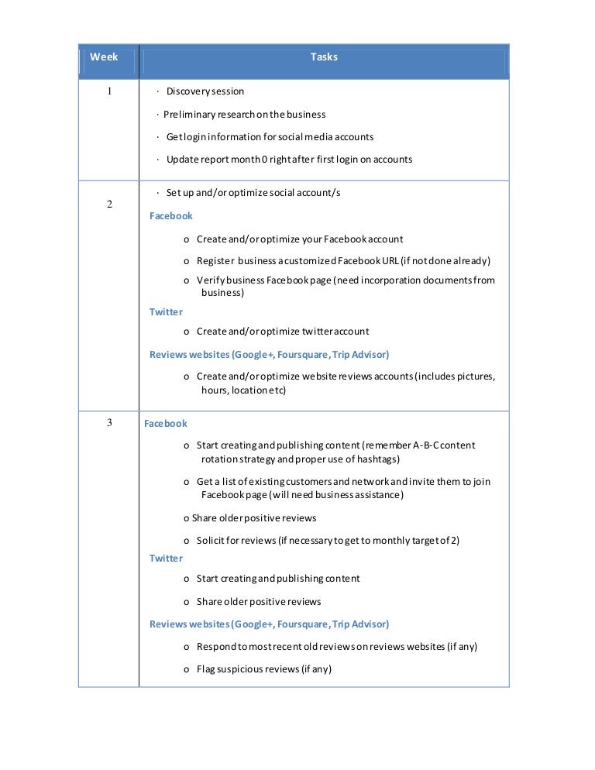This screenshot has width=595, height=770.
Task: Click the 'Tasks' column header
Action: pos(324,57)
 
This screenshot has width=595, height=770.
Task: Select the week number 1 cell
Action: pos(109,91)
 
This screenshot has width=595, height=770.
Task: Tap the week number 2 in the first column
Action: pos(109,205)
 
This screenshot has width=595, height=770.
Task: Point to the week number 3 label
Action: pos(109,423)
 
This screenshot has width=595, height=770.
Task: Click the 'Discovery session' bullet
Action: pos(205,91)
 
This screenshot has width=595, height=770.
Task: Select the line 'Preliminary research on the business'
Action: pos(244,115)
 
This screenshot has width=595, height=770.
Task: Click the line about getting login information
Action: pos(270,137)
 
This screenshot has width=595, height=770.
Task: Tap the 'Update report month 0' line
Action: pos(289,160)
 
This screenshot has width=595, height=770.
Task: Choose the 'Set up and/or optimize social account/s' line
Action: pos(253,193)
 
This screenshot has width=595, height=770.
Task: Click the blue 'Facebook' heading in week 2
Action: pos(171,216)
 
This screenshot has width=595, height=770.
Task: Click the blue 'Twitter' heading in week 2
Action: pos(167,312)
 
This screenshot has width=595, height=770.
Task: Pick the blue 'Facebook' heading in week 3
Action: pos(166,424)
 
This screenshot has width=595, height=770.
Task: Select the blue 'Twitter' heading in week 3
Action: pos(167,559)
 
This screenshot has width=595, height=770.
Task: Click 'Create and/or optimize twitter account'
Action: pos(283,332)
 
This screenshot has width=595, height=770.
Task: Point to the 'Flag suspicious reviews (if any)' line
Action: pos(263,669)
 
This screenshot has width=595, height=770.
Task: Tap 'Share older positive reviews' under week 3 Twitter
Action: pos(258,602)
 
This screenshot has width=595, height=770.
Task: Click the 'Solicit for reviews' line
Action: pos(328,541)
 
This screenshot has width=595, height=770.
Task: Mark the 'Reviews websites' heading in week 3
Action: pos(269,624)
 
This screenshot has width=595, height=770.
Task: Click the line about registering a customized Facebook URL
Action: pos(343,261)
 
